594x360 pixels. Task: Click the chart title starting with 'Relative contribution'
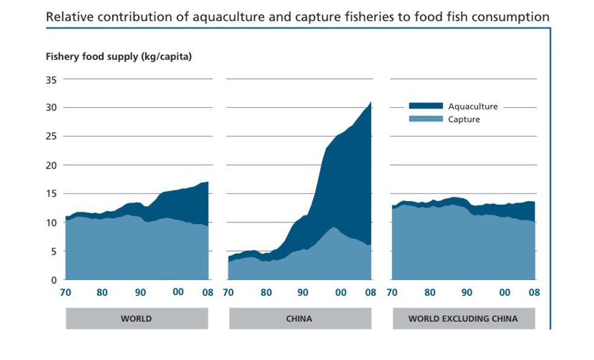coord(298,17)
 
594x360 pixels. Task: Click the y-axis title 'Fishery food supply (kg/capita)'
coord(119,57)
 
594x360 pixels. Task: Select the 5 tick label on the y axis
coord(53,251)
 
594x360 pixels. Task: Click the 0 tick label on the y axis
coord(53,280)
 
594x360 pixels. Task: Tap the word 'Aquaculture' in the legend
coord(473,106)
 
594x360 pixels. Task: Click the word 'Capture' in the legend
coord(464,119)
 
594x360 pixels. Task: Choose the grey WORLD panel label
coord(136,318)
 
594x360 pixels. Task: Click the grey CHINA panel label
coord(300,318)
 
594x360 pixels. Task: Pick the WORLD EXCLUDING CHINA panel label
coord(464,318)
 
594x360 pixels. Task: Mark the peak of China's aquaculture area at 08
coord(370,102)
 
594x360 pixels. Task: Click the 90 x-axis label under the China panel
coord(303,293)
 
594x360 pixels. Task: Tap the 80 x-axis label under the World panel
coord(102,293)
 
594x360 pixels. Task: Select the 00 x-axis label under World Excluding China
coord(504,293)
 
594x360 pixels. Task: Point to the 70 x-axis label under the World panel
coord(65,293)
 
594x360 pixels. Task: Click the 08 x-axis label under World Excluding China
coord(534,293)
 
